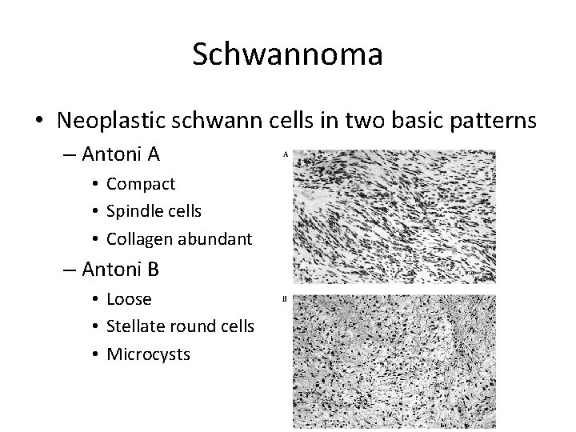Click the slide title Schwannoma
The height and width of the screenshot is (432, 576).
pyautogui.click(x=287, y=54)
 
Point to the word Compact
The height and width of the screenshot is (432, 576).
pyautogui.click(x=140, y=184)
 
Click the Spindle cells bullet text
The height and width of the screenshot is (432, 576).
pyautogui.click(x=154, y=211)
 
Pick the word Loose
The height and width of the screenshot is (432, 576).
pyautogui.click(x=129, y=299)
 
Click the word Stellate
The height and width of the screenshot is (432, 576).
pyautogui.click(x=137, y=326)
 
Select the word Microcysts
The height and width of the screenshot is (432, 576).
pyautogui.click(x=148, y=354)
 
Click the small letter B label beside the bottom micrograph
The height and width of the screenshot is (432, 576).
pyautogui.click(x=285, y=299)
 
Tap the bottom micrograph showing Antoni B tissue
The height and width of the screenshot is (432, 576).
pyautogui.click(x=394, y=362)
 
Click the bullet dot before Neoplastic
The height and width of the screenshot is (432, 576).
pyautogui.click(x=40, y=121)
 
